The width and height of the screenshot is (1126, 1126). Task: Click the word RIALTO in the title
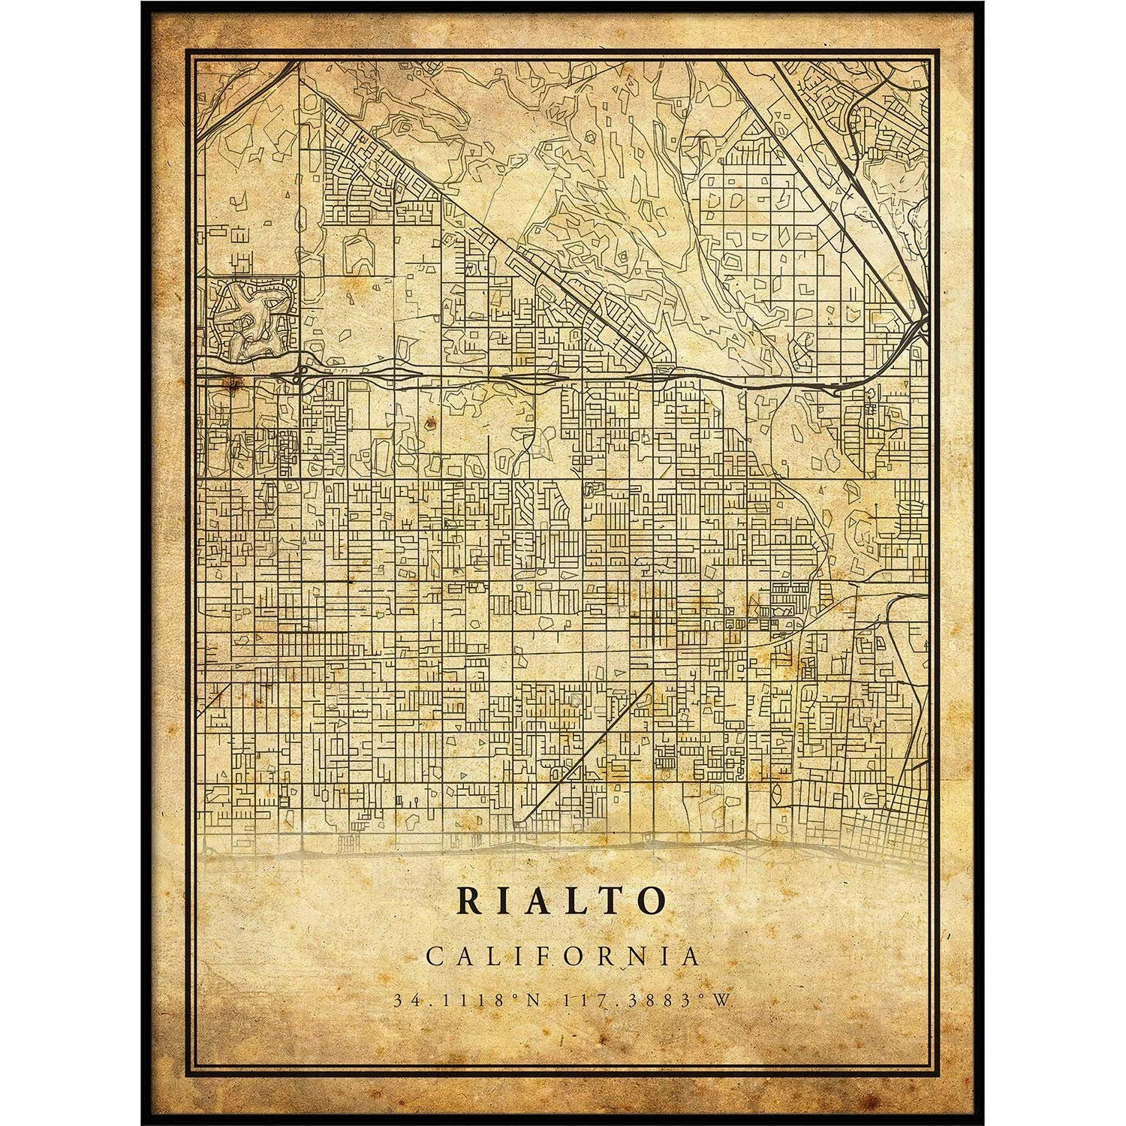click(x=562, y=901)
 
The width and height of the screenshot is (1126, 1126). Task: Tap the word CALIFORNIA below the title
click(x=563, y=956)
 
